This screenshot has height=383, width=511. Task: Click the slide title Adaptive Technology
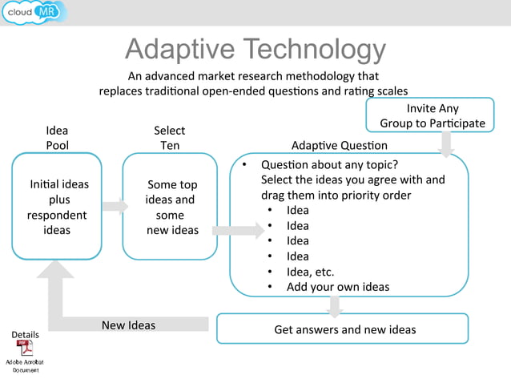pos(255,50)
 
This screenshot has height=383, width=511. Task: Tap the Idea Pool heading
pos(57,137)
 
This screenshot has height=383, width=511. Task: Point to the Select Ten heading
pos(169,137)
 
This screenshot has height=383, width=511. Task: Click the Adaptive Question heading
pos(339,145)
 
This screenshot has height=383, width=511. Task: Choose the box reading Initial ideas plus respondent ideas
pos(57,206)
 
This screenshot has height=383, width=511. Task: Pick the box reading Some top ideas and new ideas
pos(170,206)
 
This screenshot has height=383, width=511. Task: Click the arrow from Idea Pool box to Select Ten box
pos(115,206)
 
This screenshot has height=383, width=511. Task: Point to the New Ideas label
pos(128,325)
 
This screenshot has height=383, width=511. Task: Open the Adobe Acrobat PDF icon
pos(26,349)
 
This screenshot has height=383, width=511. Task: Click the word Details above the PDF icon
pos(25,334)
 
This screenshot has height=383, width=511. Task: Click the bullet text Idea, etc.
pos(310,272)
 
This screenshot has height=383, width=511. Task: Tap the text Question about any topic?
pos(329,165)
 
